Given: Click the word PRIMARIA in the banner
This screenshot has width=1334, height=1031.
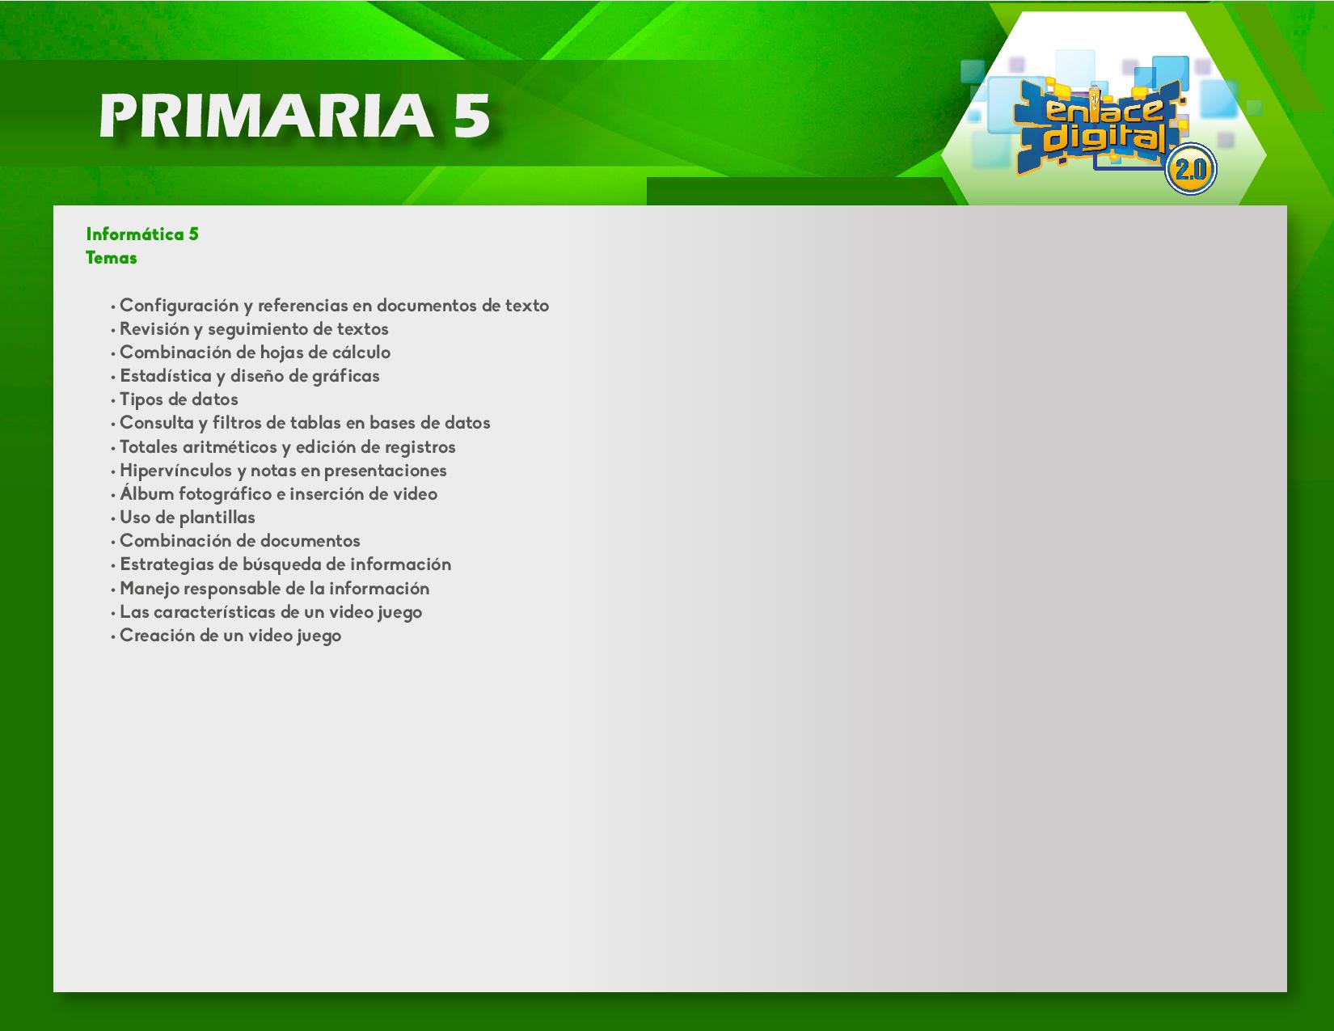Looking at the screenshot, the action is tap(266, 116).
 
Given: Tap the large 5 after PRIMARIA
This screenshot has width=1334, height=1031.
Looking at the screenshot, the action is tap(472, 116).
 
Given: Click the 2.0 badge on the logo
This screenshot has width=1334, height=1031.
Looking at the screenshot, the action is tap(1190, 169).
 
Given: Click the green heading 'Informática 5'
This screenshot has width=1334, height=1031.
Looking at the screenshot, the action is tap(142, 234).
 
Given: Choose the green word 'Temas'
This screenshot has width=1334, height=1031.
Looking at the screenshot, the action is tap(111, 258).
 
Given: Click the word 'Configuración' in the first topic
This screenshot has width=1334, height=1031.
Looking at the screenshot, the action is tap(179, 306).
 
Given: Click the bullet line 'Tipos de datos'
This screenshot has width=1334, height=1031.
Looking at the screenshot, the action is tap(179, 399).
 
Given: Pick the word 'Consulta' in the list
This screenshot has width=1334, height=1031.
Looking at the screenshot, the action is tap(157, 423).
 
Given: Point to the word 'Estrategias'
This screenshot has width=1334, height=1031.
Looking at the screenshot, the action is tap(167, 565).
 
